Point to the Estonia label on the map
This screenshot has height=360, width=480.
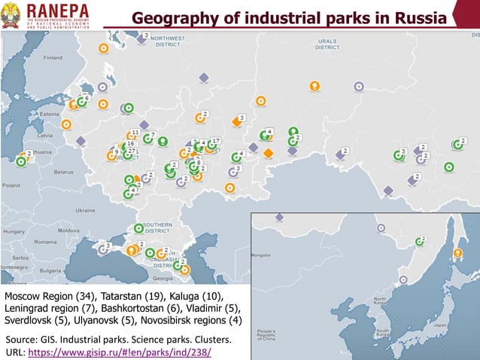(48, 114)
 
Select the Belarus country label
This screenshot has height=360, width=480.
(66, 172)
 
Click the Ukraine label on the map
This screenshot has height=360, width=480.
(84, 210)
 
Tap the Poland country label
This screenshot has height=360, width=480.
(11, 184)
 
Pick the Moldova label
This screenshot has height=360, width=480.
(68, 230)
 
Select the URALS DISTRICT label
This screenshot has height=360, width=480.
(327, 44)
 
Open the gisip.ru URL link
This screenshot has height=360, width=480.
(120, 352)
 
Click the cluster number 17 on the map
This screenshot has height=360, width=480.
(215, 141)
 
